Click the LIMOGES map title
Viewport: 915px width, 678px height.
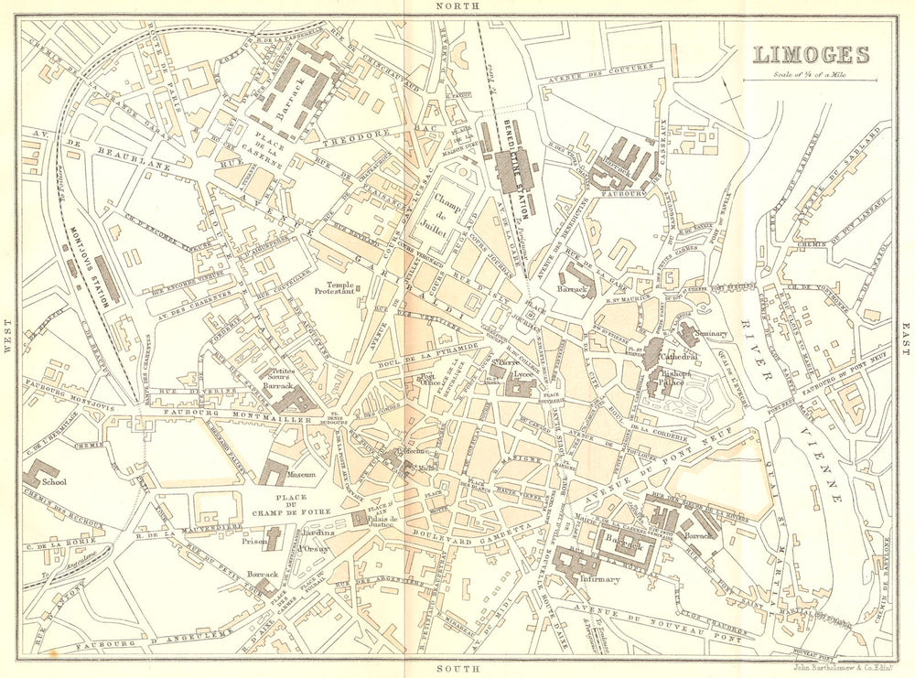pos(811,54)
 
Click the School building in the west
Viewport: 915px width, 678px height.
pos(41,474)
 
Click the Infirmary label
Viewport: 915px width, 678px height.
pos(598,579)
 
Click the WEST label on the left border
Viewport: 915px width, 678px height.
pos(7,341)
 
